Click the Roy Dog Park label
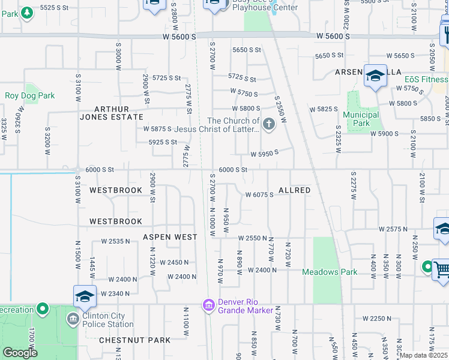pyautogui.click(x=29, y=95)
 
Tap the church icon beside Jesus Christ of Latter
pyautogui.click(x=269, y=125)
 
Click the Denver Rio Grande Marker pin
pyautogui.click(x=209, y=306)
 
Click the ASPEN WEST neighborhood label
pyautogui.click(x=170, y=237)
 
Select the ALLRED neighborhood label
pyautogui.click(x=294, y=190)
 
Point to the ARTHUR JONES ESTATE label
pyautogui.click(x=112, y=113)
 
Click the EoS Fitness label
pyautogui.click(x=426, y=79)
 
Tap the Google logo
pyautogui.click(x=20, y=352)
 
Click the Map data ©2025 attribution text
pyautogui.click(x=424, y=355)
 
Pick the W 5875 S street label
pyautogui.click(x=157, y=129)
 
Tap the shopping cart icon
pyautogui.click(x=441, y=268)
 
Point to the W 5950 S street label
pyautogui.click(x=265, y=154)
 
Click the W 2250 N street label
pyautogui.click(x=376, y=318)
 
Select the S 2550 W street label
pyautogui.click(x=280, y=109)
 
